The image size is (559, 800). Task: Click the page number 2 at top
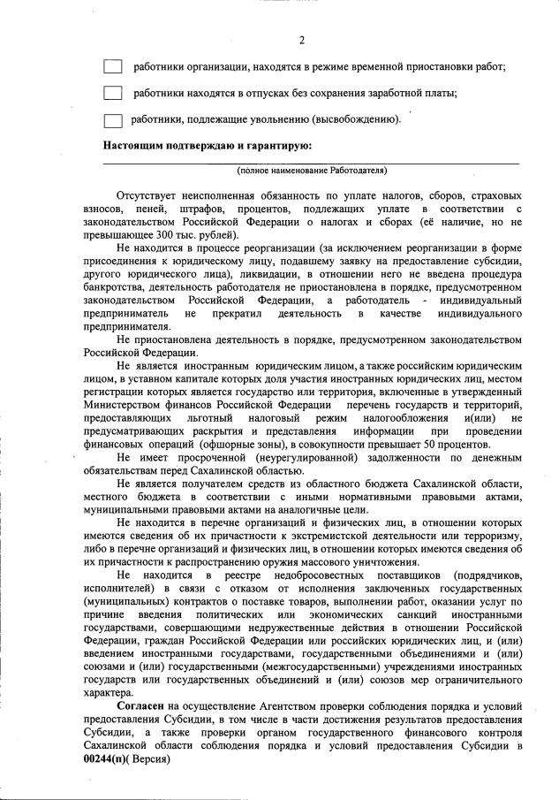click(301, 40)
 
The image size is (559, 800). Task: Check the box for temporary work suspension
click(112, 66)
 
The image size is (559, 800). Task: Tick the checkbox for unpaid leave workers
click(112, 93)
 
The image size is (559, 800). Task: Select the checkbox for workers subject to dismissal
click(112, 119)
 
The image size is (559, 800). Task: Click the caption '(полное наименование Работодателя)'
click(311, 170)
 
